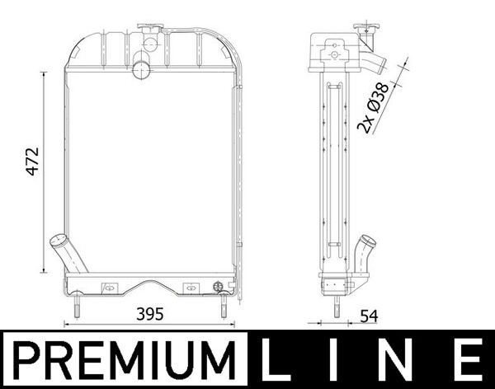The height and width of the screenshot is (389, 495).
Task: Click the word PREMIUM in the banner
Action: [125, 360]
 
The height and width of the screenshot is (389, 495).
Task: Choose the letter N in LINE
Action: [401, 360]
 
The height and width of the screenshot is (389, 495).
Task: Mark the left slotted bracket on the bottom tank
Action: [108, 288]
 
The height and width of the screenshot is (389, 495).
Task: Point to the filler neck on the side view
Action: [364, 33]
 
